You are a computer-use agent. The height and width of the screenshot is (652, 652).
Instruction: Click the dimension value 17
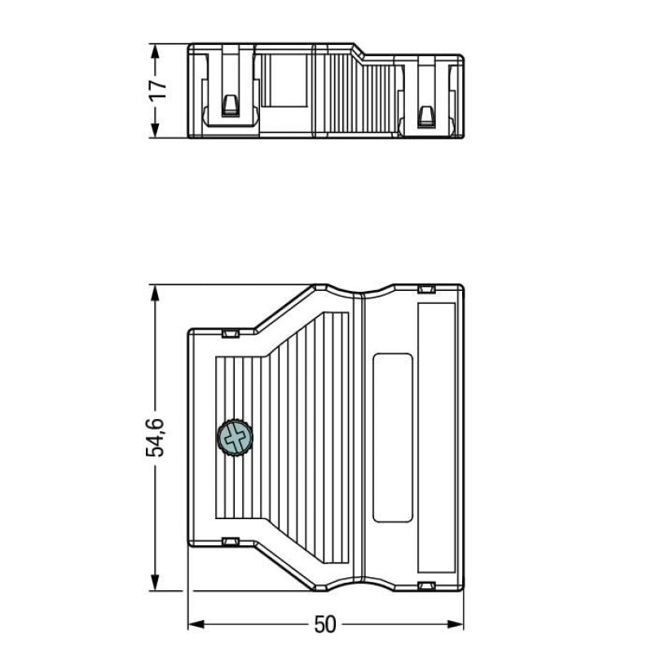[159, 90]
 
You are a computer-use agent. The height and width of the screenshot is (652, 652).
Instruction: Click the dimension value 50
[324, 624]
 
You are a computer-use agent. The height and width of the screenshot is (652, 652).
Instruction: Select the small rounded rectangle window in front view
[392, 437]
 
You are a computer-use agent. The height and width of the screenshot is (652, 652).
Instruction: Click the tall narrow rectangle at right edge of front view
[436, 437]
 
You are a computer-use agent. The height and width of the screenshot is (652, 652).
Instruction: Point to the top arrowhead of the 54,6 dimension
[154, 292]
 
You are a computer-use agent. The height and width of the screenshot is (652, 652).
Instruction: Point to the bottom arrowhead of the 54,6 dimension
[154, 583]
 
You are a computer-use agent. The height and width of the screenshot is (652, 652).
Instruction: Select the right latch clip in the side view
[425, 114]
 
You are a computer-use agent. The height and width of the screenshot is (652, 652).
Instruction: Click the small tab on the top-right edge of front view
[425, 289]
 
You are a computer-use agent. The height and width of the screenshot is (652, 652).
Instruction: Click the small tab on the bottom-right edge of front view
[425, 586]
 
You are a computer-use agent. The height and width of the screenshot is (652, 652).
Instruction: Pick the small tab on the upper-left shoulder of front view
[230, 333]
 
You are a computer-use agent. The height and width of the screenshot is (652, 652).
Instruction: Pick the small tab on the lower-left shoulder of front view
[230, 541]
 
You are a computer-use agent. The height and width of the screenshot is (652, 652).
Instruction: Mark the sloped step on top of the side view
[357, 51]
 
